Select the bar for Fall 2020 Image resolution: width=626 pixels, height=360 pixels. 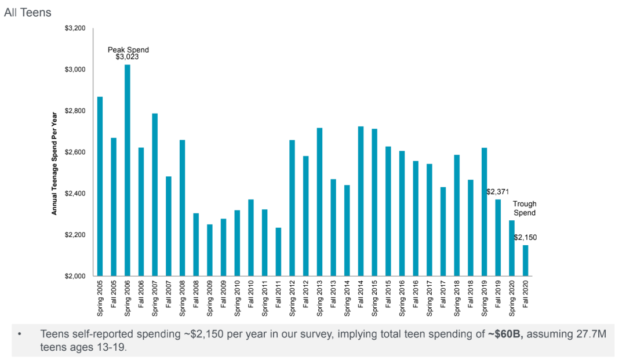click(525, 261)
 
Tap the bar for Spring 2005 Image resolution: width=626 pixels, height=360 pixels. click(100, 186)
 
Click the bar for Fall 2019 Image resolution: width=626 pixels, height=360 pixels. click(498, 238)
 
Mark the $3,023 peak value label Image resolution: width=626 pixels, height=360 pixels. click(127, 57)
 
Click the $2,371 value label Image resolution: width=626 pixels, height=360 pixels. click(497, 191)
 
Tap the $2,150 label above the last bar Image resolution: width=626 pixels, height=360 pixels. click(525, 237)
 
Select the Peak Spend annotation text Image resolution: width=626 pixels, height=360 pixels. click(128, 50)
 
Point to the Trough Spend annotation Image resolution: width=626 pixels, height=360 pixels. click(525, 209)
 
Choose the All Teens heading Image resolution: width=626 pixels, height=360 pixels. click(27, 12)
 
